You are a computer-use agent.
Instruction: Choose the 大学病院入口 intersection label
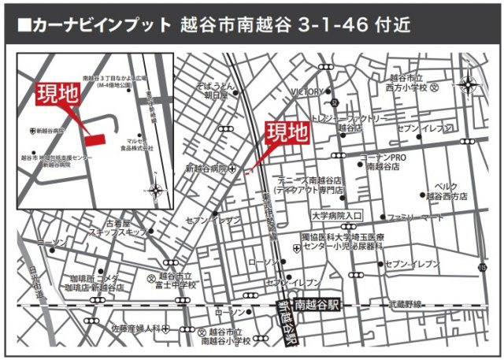336,215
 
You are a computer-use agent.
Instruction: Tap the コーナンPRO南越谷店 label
383,162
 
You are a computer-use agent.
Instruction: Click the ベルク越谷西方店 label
446,190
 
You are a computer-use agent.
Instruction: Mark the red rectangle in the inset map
95,139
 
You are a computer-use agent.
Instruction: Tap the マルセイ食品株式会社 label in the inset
137,144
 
